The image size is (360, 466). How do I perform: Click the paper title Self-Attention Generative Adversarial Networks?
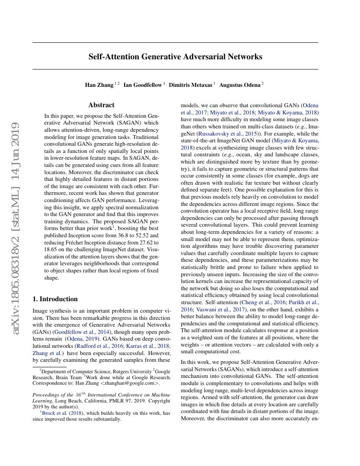pos(175,56)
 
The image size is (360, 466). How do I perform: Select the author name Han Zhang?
pos(99,85)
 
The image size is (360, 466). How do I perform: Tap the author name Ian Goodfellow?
pos(143,85)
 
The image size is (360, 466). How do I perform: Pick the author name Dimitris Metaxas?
pos(191,85)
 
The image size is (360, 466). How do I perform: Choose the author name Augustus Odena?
pos(239,85)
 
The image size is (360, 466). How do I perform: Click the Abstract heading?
pos(101,105)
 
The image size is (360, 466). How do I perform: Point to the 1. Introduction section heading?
pos(55,299)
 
